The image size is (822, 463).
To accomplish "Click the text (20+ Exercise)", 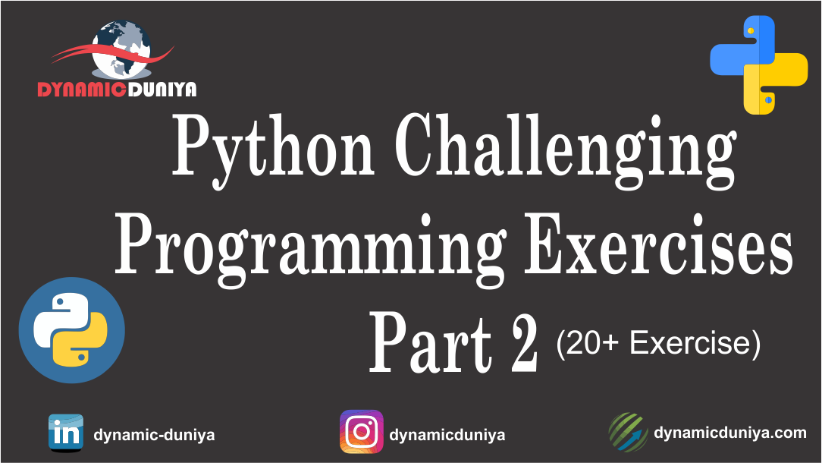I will pyautogui.click(x=657, y=344).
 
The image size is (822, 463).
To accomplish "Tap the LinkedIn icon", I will pyautogui.click(x=66, y=433).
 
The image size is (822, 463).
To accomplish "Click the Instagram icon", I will pyautogui.click(x=362, y=432).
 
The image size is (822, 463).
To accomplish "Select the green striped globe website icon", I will pyautogui.click(x=628, y=432).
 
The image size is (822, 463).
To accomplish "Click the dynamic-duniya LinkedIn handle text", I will pyautogui.click(x=154, y=436).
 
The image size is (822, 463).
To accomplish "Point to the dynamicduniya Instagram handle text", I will pyautogui.click(x=447, y=436).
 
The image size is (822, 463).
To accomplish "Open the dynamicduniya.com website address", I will pyautogui.click(x=730, y=433).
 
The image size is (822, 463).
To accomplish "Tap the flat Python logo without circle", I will pyautogui.click(x=758, y=65).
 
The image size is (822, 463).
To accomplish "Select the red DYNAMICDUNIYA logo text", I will pyautogui.click(x=117, y=90).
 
